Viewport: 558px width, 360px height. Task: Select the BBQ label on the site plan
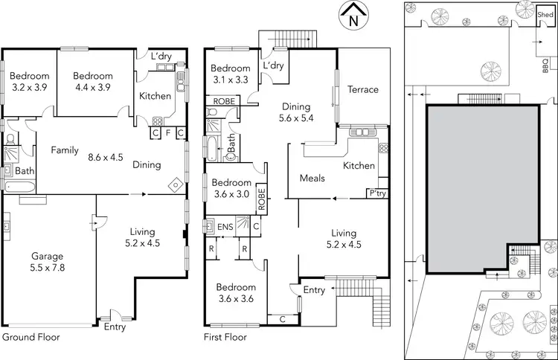click(545, 65)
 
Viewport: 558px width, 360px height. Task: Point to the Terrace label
click(363, 89)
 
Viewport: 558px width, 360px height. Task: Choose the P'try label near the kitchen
click(377, 193)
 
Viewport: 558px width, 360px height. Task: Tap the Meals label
click(312, 179)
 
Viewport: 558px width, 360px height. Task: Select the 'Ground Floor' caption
click(31, 337)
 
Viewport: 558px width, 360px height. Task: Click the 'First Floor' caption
click(225, 337)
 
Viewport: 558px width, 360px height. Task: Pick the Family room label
click(65, 150)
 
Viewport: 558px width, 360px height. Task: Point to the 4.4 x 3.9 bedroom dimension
click(93, 87)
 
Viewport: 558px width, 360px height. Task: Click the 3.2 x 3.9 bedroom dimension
click(30, 87)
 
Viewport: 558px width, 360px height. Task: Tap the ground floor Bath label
click(25, 171)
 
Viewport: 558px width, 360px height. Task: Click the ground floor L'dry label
click(161, 56)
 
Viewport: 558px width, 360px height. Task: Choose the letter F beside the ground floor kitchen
click(168, 133)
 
